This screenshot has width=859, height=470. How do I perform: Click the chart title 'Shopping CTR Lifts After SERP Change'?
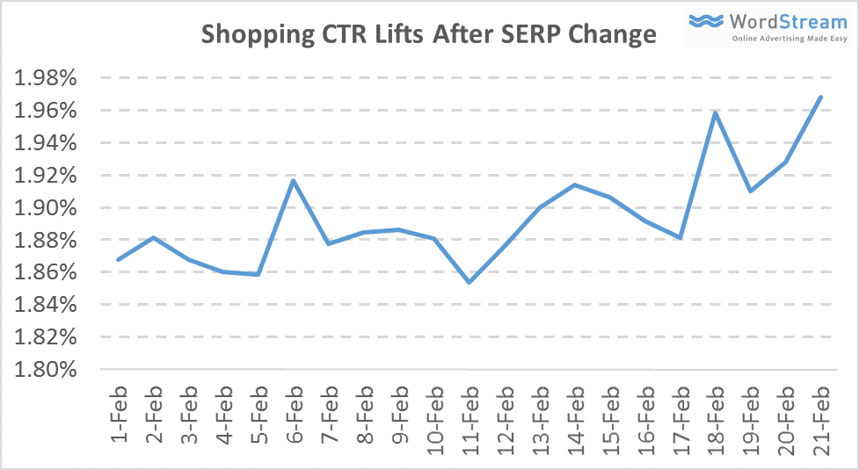[x=429, y=34]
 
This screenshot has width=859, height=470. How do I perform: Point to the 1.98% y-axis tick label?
[x=47, y=78]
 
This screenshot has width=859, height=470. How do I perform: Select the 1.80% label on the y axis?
[x=47, y=369]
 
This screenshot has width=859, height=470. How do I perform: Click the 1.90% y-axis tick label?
[x=47, y=207]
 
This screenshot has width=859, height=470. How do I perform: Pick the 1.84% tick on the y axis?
[x=47, y=305]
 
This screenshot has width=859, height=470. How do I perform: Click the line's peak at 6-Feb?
[x=294, y=180]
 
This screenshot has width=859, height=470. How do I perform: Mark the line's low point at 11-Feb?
[x=470, y=282]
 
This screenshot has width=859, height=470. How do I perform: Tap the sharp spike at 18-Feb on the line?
[x=715, y=112]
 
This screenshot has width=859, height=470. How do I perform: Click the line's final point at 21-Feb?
[x=820, y=97]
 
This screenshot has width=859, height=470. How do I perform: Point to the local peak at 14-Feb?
[x=575, y=184]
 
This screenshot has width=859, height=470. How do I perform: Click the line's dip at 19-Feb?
[x=750, y=191]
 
